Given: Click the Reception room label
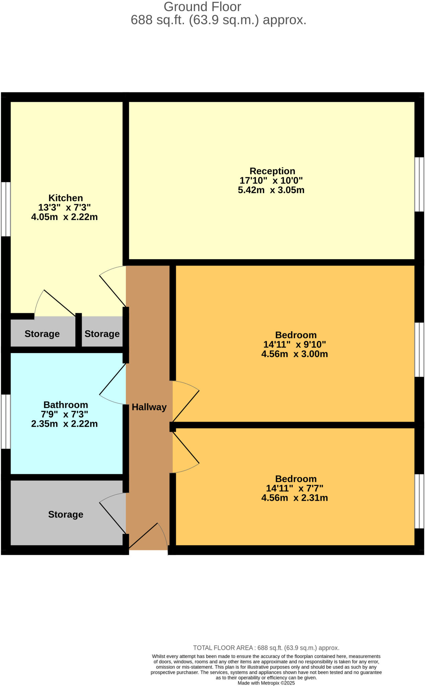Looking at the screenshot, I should [x=272, y=171].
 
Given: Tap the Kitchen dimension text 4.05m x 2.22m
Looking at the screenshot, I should [x=64, y=217].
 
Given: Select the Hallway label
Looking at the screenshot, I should [x=149, y=407].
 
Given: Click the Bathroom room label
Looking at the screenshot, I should [x=66, y=405].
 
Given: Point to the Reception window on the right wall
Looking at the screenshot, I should [x=419, y=185].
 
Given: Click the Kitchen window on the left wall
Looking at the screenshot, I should [x=5, y=209].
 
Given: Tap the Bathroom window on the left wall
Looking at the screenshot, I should [x=5, y=421].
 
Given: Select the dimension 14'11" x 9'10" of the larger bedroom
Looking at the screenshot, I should [x=294, y=344].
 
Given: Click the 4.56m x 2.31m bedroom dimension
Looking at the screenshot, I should [x=294, y=498].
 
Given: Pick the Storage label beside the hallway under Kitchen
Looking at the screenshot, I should [x=102, y=334].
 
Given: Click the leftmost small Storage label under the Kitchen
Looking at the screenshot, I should [x=42, y=334].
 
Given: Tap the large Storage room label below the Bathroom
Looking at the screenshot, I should [x=66, y=514].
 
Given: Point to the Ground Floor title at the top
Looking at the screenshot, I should [x=202, y=7].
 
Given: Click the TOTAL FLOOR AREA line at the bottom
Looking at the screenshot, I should [x=266, y=648].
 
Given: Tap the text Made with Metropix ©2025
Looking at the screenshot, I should [x=266, y=683].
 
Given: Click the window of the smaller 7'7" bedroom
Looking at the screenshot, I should [x=419, y=501].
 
